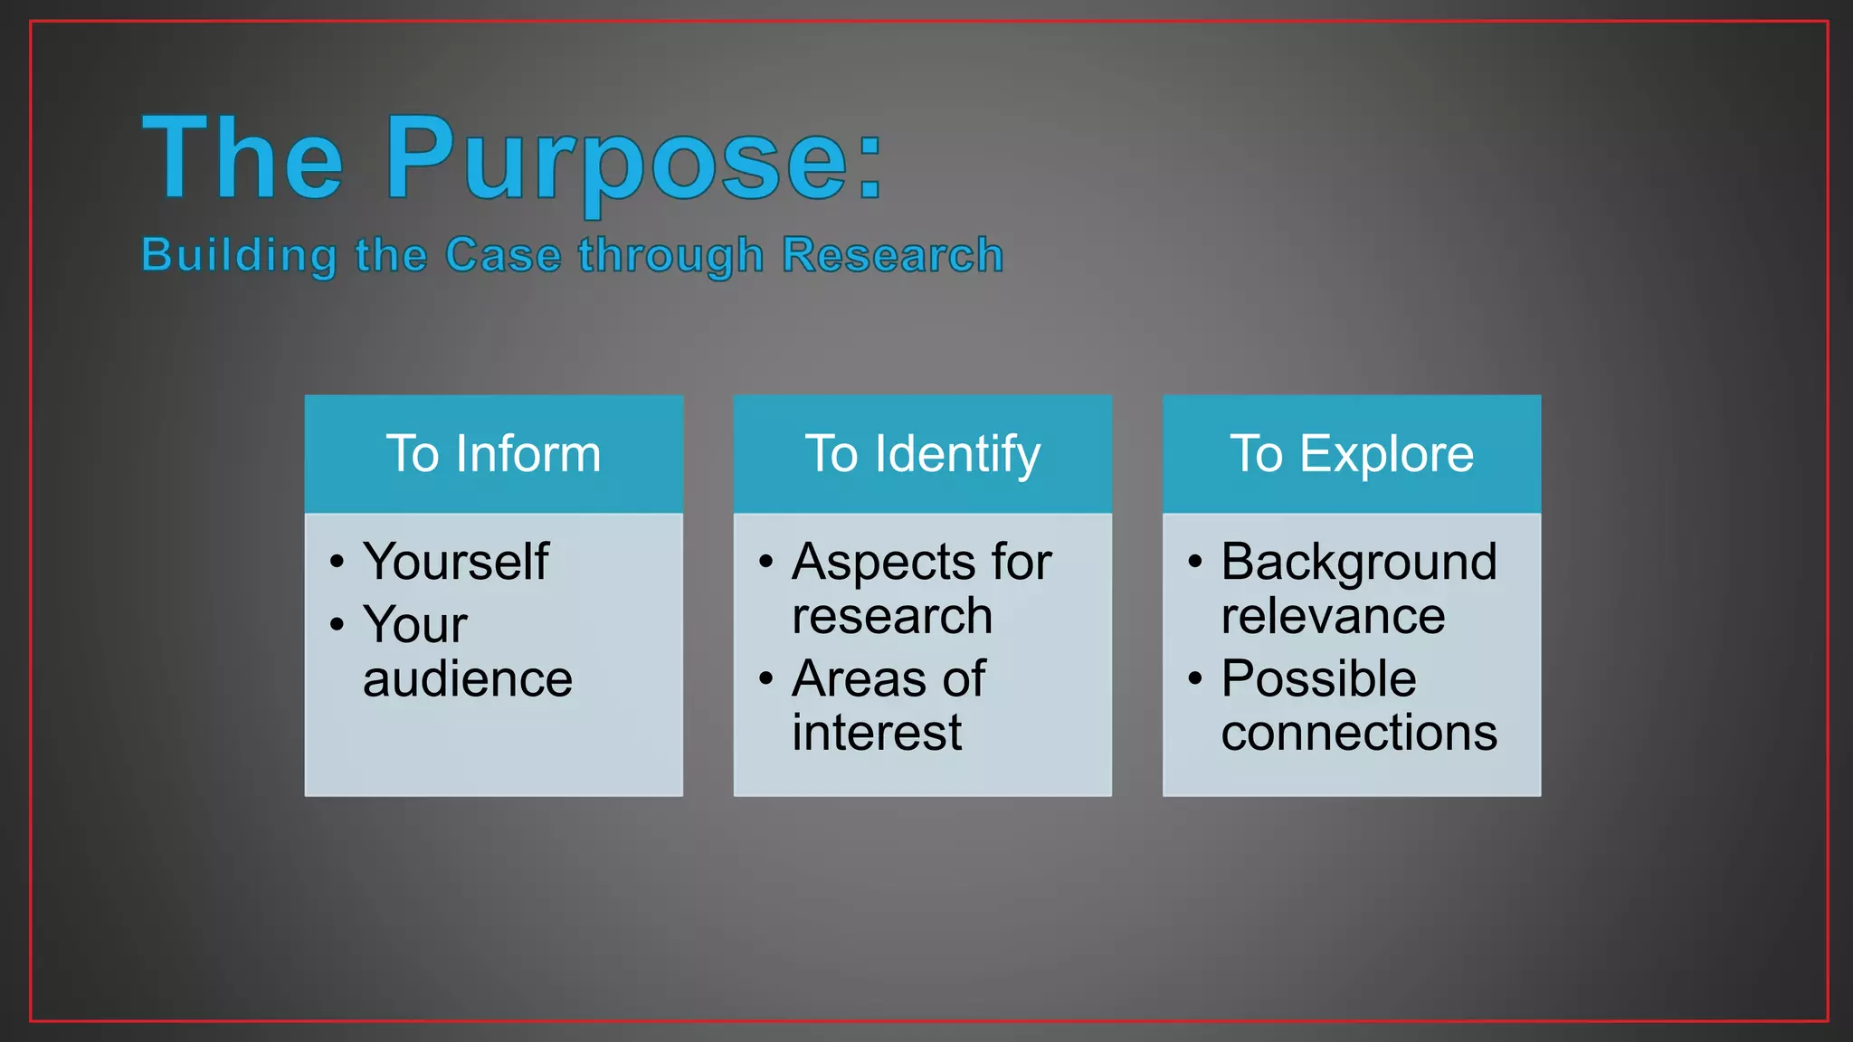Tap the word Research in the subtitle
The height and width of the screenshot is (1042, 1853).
(892, 255)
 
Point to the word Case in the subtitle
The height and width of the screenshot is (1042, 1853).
(503, 255)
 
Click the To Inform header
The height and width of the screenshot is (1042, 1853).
(493, 453)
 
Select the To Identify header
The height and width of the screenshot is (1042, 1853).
(922, 453)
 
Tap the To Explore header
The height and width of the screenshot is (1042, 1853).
(1351, 453)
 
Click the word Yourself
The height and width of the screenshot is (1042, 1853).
(455, 562)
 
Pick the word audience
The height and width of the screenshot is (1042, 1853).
(468, 679)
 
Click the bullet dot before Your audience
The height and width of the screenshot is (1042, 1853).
(337, 624)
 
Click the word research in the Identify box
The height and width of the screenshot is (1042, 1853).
(892, 616)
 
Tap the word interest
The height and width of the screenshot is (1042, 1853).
(876, 733)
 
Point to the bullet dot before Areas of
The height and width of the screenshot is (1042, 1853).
(766, 677)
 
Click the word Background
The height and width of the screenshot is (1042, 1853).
(1358, 562)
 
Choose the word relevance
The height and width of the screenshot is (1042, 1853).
(1333, 616)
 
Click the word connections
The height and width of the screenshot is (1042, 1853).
(1358, 733)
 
